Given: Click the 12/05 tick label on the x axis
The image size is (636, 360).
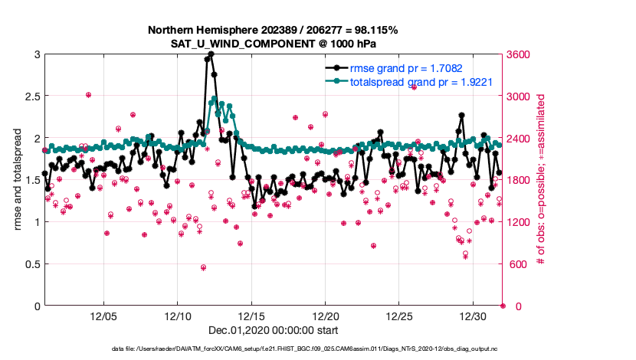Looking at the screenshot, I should pos(103,316).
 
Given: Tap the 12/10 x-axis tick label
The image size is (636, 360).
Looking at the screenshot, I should pos(178,316).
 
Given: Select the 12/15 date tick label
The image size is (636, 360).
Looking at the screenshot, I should pos(251,316).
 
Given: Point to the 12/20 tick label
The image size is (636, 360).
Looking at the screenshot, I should pos(326,316).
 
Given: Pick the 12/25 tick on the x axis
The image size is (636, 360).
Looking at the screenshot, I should pos(399,316).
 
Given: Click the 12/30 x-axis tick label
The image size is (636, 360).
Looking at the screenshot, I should pos(474,316).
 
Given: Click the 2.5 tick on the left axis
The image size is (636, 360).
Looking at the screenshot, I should pos(29,97).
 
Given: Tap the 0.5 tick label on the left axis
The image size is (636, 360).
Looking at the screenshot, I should pos(29,264).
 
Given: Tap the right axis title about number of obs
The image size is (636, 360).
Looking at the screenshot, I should pos(541,180).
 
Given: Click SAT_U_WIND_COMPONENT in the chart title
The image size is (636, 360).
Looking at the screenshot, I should pos(273,43).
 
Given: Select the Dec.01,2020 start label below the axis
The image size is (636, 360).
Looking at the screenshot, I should pos(273,330).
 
